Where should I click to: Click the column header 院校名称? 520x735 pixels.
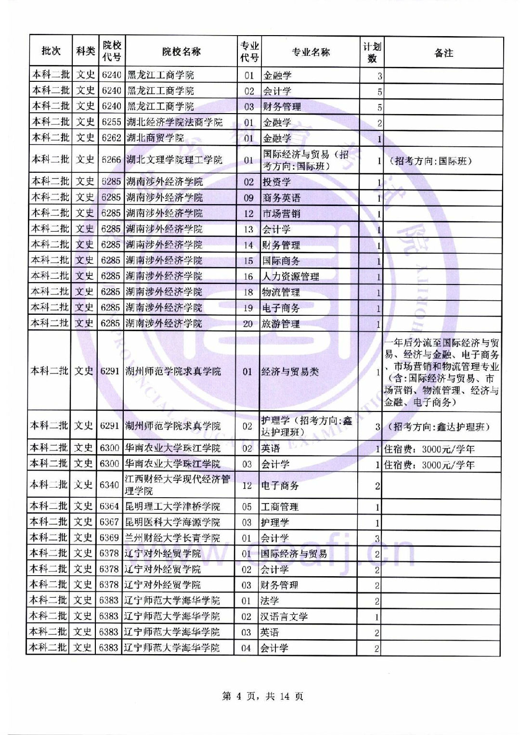[181, 52]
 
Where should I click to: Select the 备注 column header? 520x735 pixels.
[443, 53]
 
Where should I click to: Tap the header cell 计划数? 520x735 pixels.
[372, 52]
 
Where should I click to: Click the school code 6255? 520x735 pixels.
[111, 122]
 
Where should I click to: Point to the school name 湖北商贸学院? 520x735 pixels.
[155, 138]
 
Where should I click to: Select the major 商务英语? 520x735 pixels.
[281, 198]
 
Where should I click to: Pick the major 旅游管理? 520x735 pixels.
[281, 324]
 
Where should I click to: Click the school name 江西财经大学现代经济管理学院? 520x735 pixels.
[178, 485]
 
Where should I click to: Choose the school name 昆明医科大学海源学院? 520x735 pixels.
[172, 522]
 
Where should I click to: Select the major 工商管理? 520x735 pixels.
[279, 507]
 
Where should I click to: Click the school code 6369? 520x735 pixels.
[109, 538]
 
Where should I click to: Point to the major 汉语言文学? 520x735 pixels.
[284, 617]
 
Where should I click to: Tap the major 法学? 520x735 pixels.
[270, 601]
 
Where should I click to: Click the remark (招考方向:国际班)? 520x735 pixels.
[430, 161]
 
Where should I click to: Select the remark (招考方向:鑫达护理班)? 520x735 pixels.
[439, 426]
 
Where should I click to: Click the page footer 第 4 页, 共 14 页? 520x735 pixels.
[263, 696]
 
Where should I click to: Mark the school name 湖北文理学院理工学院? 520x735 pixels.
[174, 160]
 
